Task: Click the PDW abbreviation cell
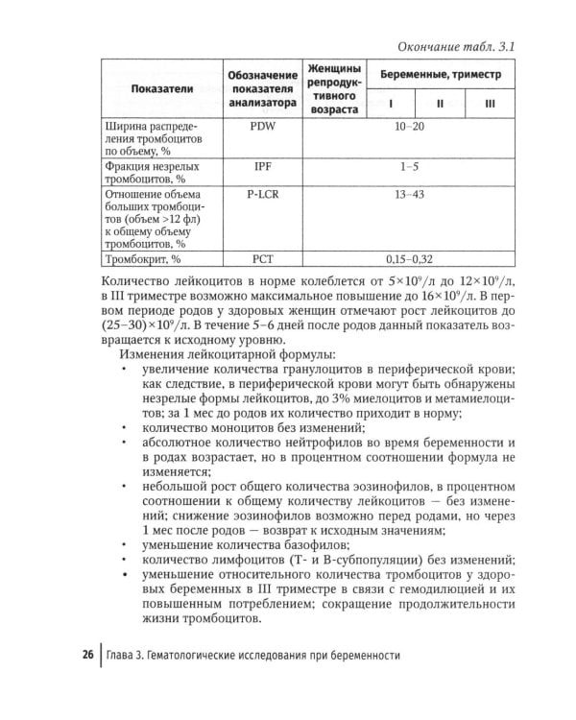click(x=262, y=126)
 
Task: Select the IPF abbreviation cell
click(x=262, y=166)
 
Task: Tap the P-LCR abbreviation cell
click(x=262, y=194)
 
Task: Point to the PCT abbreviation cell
click(x=262, y=259)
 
